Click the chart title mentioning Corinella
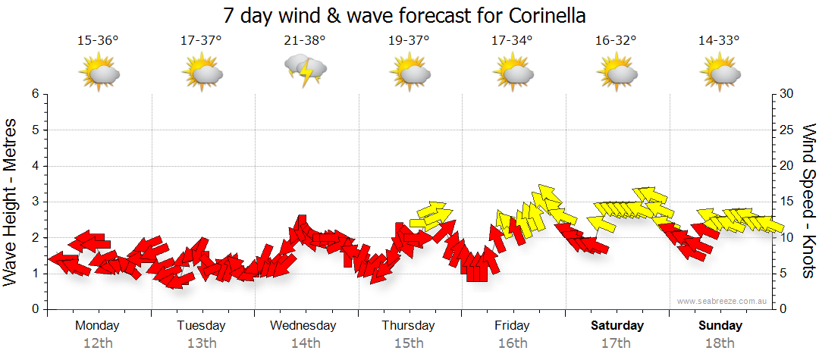[x=405, y=16]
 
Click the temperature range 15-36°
[x=98, y=40]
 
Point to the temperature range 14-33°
[x=719, y=40]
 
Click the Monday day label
[x=97, y=325]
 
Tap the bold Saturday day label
[x=617, y=325]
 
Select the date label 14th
[x=305, y=343]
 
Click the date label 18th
[x=720, y=343]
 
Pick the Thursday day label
[x=408, y=325]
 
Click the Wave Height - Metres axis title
[x=11, y=202]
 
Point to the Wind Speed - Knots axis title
[x=808, y=202]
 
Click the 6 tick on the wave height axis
[x=35, y=94]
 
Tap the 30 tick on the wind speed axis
[x=787, y=94]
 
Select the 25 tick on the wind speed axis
[x=787, y=130]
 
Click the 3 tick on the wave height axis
[x=35, y=202]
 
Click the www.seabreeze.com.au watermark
[x=723, y=302]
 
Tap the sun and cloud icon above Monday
[x=99, y=73]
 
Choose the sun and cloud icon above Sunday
[x=720, y=73]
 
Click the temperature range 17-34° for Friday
[x=512, y=40]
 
